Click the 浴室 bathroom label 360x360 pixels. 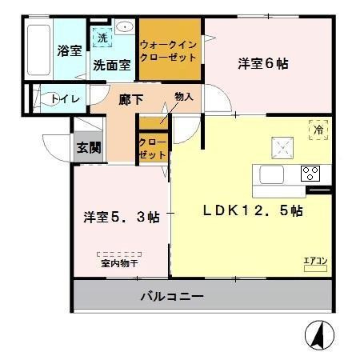(x=67, y=50)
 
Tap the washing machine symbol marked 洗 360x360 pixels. (x=102, y=38)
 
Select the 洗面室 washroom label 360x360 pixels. (x=110, y=66)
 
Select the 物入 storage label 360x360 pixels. (x=183, y=97)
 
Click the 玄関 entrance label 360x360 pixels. (x=88, y=146)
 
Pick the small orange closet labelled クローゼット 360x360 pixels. (x=153, y=148)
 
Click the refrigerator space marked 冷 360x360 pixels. (x=316, y=126)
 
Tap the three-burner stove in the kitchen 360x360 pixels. (x=310, y=172)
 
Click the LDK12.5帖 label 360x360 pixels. (x=251, y=211)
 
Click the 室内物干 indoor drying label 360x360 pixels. (x=120, y=262)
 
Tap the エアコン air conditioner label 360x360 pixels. (x=314, y=259)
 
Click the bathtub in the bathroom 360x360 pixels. (x=38, y=50)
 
